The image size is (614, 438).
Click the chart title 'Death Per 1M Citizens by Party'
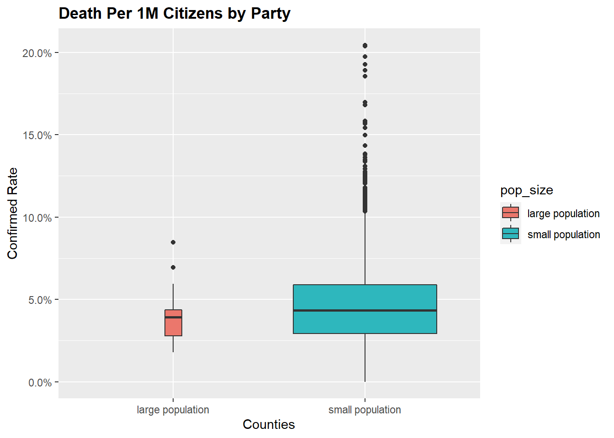(x=175, y=14)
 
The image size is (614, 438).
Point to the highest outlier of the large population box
(x=173, y=242)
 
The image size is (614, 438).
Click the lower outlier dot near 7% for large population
(x=173, y=267)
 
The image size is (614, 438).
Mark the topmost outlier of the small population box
(x=365, y=46)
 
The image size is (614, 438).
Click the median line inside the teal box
(x=365, y=311)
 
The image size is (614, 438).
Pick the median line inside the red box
(x=173, y=317)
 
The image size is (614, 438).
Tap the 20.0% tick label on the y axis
(x=37, y=53)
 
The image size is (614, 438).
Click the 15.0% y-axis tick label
(x=37, y=136)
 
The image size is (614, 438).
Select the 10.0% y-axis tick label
(x=37, y=218)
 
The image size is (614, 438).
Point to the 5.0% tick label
(x=40, y=300)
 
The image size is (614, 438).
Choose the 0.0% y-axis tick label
(x=40, y=383)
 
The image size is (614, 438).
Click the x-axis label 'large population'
(x=173, y=410)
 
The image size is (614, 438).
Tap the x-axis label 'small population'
(x=365, y=410)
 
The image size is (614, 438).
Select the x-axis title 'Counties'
(x=269, y=425)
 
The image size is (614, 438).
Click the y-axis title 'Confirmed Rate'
(x=12, y=213)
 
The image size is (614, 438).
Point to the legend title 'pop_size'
(x=526, y=190)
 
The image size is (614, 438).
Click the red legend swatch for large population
(x=510, y=213)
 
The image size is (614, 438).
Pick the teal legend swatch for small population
(x=510, y=234)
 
